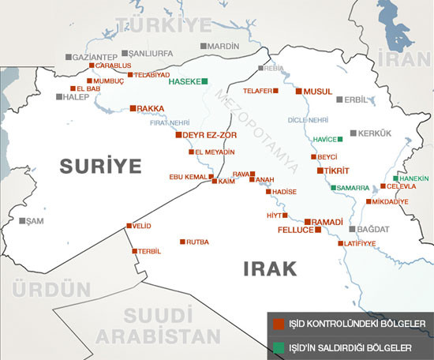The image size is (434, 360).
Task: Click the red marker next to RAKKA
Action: pos(133,108)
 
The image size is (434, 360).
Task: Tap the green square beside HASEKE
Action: pos(204,81)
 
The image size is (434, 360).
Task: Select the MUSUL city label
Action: pos(318,92)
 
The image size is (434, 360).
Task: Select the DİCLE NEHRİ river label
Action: pos(308,120)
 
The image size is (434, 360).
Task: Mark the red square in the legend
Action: pos(276,324)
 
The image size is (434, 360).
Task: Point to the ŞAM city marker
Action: pos(23,220)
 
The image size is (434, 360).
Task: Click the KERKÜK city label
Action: pos(375,133)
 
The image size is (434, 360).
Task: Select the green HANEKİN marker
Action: pos(395,178)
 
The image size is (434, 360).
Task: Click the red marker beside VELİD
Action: pos(129,226)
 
